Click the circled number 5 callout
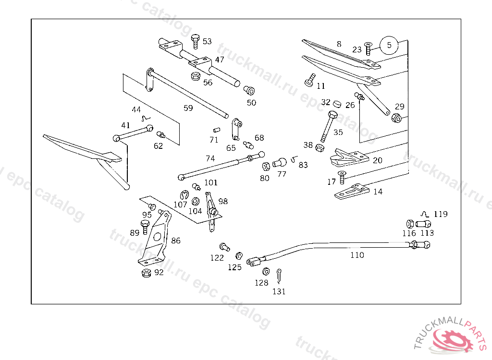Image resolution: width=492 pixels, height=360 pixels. pos(389,45)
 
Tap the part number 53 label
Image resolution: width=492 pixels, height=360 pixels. pos(207,42)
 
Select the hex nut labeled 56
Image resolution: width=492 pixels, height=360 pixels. pos(196,76)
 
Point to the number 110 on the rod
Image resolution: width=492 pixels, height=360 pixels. pos(357,255)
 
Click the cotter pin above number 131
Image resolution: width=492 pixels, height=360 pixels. pos(279,276)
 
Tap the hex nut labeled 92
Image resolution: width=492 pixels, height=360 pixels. pos(147,273)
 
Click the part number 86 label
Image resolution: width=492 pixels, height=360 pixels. pos(176,240)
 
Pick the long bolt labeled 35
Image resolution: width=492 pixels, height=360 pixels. pos(329,125)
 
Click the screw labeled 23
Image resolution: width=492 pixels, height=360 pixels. pos(368,48)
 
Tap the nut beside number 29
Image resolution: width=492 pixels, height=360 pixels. pos(396,118)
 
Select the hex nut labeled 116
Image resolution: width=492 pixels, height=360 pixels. pos(410,224)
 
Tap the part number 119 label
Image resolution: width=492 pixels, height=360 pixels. pos(440,215)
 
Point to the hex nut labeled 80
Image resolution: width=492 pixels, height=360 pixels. pos(266,167)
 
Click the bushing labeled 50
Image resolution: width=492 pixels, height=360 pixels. pos(249,90)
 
